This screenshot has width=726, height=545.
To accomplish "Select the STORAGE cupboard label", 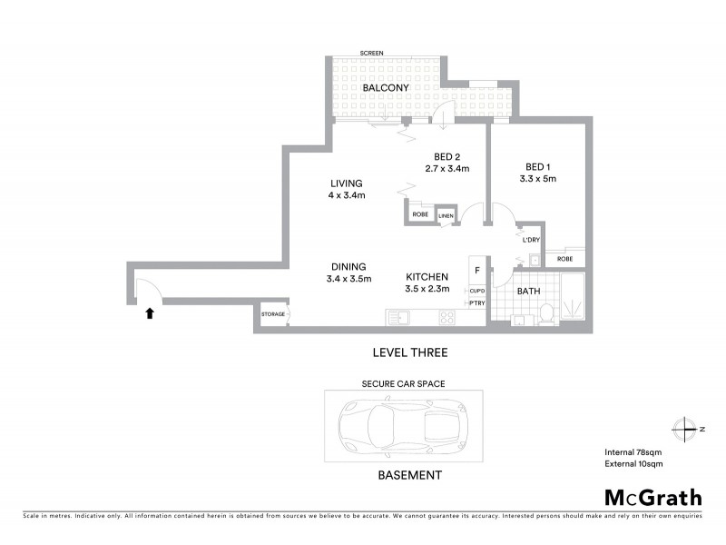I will tap(273, 315).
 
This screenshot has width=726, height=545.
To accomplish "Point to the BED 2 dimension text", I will tap(446, 168).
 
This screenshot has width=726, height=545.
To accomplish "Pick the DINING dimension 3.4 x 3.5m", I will tap(348, 279).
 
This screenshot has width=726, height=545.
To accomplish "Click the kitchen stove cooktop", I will tap(447, 317).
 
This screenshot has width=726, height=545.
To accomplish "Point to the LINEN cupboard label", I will tap(446, 215).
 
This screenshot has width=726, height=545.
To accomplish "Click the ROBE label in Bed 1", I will tap(564, 259).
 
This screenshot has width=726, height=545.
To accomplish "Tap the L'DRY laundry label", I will tap(531, 240).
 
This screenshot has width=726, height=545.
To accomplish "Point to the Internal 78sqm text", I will tap(633, 451).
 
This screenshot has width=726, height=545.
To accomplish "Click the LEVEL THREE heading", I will tap(409, 352).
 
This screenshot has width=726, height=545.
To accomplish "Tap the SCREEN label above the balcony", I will tap(370, 54).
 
